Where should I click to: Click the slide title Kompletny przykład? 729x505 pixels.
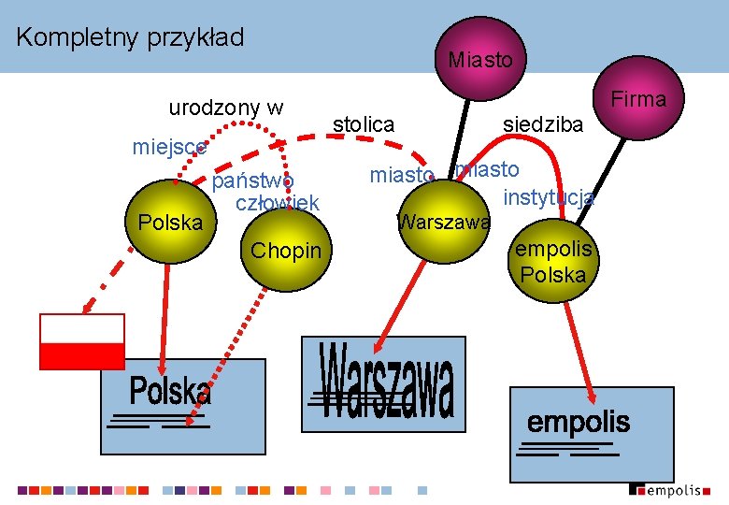pos(130,37)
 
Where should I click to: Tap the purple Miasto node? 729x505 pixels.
pos(479,59)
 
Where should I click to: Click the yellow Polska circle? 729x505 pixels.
pos(168,222)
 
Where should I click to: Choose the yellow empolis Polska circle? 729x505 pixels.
pos(553,262)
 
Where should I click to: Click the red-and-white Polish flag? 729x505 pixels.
pos(82,341)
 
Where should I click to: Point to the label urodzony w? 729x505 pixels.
pos(226,108)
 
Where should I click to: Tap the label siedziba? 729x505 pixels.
pos(543,124)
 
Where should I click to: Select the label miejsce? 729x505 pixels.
pos(169,147)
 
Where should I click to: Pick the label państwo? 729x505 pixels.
pos(253,180)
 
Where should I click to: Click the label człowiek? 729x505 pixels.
pos(278,203)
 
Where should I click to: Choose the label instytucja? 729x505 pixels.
pos(549,197)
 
